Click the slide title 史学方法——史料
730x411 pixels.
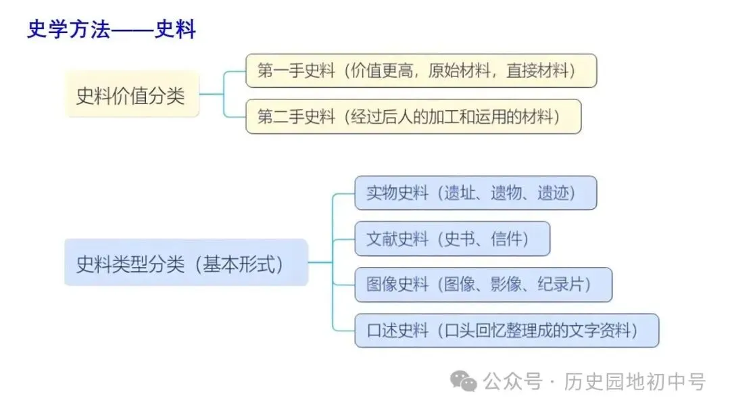coord(112,30)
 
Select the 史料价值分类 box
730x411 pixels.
coord(132,95)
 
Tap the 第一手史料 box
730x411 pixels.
coord(420,70)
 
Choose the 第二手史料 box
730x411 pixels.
coord(412,116)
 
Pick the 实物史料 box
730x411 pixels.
coord(475,193)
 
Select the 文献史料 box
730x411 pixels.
coord(452,239)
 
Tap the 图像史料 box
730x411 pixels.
coord(483,285)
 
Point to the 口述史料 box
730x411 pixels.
coord(506,331)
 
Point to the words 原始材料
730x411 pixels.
coord(460,71)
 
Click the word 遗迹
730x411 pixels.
coord(554,193)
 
